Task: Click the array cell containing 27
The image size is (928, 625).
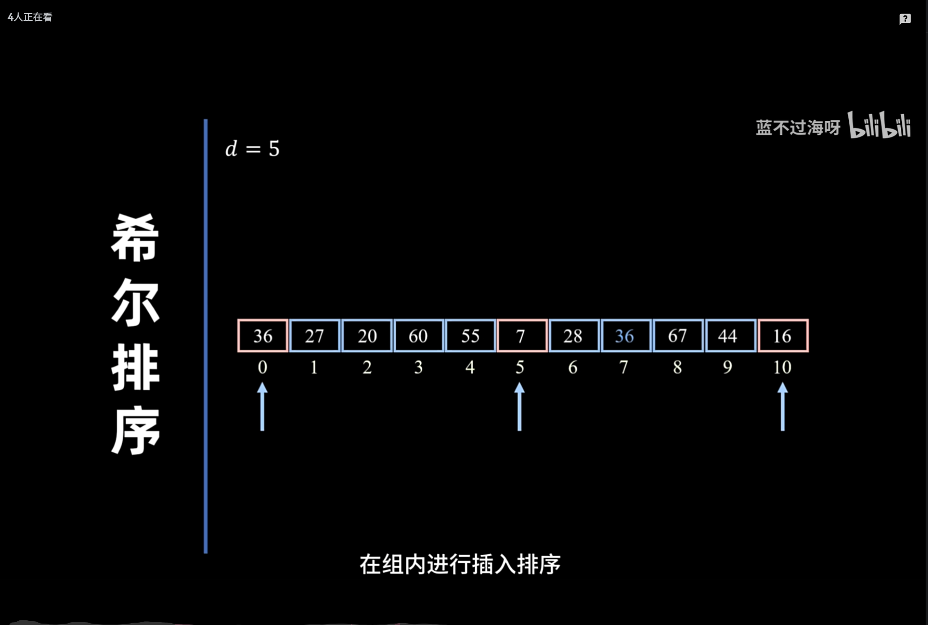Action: pos(314,335)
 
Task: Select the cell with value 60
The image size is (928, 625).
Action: pos(419,335)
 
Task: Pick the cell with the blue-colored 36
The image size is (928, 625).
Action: pos(626,335)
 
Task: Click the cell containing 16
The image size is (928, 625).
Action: pos(783,335)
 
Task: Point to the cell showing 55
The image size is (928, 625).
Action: pos(471,335)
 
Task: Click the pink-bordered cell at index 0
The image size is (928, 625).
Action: pos(262,335)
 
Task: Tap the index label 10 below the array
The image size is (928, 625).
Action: pos(782,367)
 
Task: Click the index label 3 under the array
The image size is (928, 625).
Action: pos(419,367)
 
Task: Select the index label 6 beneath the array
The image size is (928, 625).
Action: pos(573,367)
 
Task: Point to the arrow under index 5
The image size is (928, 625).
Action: pos(519,407)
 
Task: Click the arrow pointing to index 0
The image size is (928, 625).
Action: pos(262,407)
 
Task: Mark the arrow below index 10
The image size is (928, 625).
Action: pos(783,407)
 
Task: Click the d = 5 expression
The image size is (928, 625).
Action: pos(252,149)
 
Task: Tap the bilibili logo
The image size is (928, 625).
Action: pos(879,125)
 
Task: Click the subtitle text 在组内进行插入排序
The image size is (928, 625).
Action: pos(460,564)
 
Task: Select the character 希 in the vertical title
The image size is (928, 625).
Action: pos(135,238)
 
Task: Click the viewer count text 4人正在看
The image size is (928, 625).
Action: pos(30,17)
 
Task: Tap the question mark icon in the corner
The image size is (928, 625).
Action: pos(905,19)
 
